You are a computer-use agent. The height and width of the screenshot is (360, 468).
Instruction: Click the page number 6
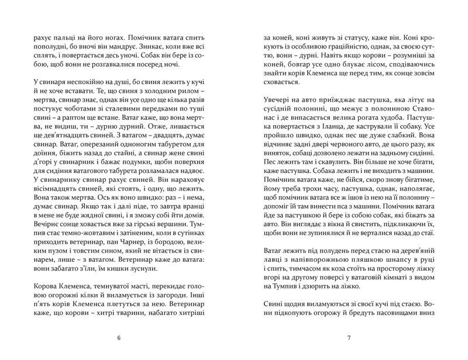[119, 338]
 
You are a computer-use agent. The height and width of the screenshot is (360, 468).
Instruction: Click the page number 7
[348, 338]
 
